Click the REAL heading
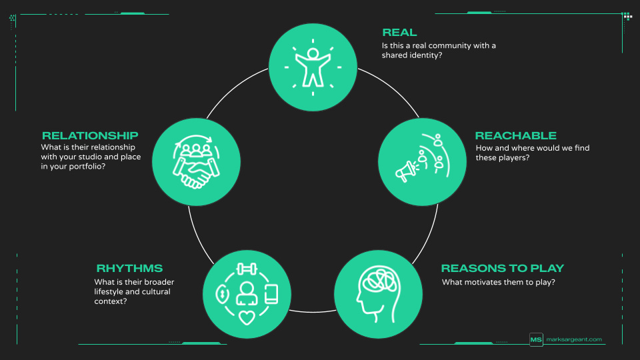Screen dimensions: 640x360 399,32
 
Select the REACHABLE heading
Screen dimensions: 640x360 515,135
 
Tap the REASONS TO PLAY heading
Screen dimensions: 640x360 502,268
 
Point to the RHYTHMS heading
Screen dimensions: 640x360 129,268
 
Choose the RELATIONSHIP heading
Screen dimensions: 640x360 90,135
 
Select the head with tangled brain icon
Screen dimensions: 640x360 377,293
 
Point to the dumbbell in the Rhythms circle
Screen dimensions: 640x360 247,270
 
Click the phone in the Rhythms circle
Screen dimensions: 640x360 271,293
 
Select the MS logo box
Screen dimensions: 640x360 536,339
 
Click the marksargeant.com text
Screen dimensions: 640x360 574,339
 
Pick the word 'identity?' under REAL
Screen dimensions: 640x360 427,55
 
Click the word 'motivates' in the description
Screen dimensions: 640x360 486,282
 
